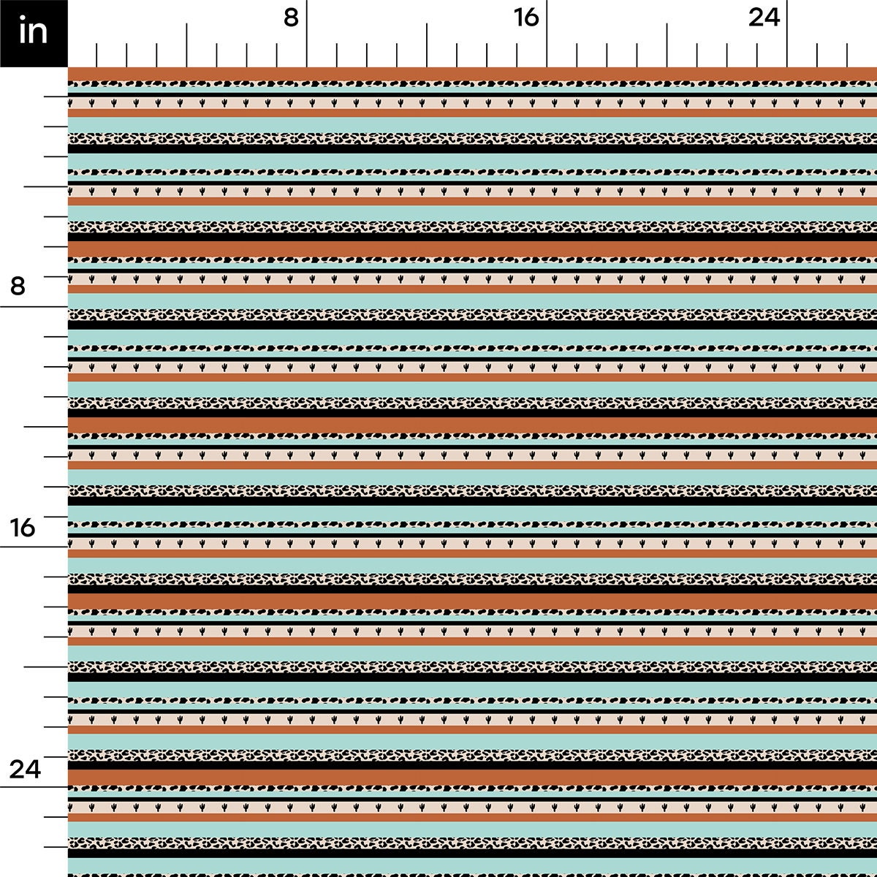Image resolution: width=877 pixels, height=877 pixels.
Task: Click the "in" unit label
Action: [34, 32]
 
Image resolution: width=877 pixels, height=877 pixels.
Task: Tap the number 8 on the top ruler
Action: [292, 18]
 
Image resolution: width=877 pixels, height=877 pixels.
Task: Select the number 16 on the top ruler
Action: [525, 18]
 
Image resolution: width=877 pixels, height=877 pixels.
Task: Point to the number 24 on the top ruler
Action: [764, 18]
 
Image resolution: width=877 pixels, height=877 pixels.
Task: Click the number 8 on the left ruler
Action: [18, 286]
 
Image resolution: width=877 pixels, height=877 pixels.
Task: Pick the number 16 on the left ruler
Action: [23, 526]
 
